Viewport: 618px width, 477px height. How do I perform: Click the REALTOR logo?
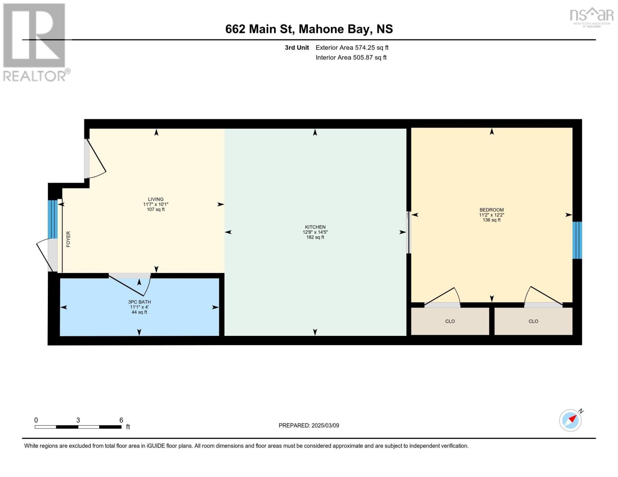pyautogui.click(x=35, y=42)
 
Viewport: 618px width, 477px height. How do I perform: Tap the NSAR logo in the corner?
pyautogui.click(x=592, y=17)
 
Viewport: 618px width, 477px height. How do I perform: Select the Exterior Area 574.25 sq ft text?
pyautogui.click(x=352, y=48)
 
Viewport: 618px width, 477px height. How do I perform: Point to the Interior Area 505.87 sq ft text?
pyautogui.click(x=351, y=58)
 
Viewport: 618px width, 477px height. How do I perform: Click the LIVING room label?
pyautogui.click(x=156, y=200)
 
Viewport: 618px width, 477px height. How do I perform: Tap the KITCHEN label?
pyautogui.click(x=315, y=227)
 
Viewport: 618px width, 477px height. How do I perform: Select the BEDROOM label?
pyautogui.click(x=491, y=210)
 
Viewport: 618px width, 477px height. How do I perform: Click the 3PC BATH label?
pyautogui.click(x=139, y=302)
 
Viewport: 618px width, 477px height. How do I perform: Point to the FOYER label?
pyautogui.click(x=68, y=239)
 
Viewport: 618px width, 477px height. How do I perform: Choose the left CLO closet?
pyautogui.click(x=450, y=321)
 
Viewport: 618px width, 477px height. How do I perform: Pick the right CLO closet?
pyautogui.click(x=533, y=321)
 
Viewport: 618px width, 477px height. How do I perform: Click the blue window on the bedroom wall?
pyautogui.click(x=577, y=240)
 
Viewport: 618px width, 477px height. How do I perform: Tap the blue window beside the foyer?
pyautogui.click(x=53, y=219)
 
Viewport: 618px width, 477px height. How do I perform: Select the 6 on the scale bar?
pyautogui.click(x=121, y=420)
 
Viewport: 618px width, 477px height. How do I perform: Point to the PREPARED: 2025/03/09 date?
pyautogui.click(x=309, y=425)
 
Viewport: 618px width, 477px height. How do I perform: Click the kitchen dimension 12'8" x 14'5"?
pyautogui.click(x=315, y=232)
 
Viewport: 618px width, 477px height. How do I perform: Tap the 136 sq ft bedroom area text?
pyautogui.click(x=491, y=220)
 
